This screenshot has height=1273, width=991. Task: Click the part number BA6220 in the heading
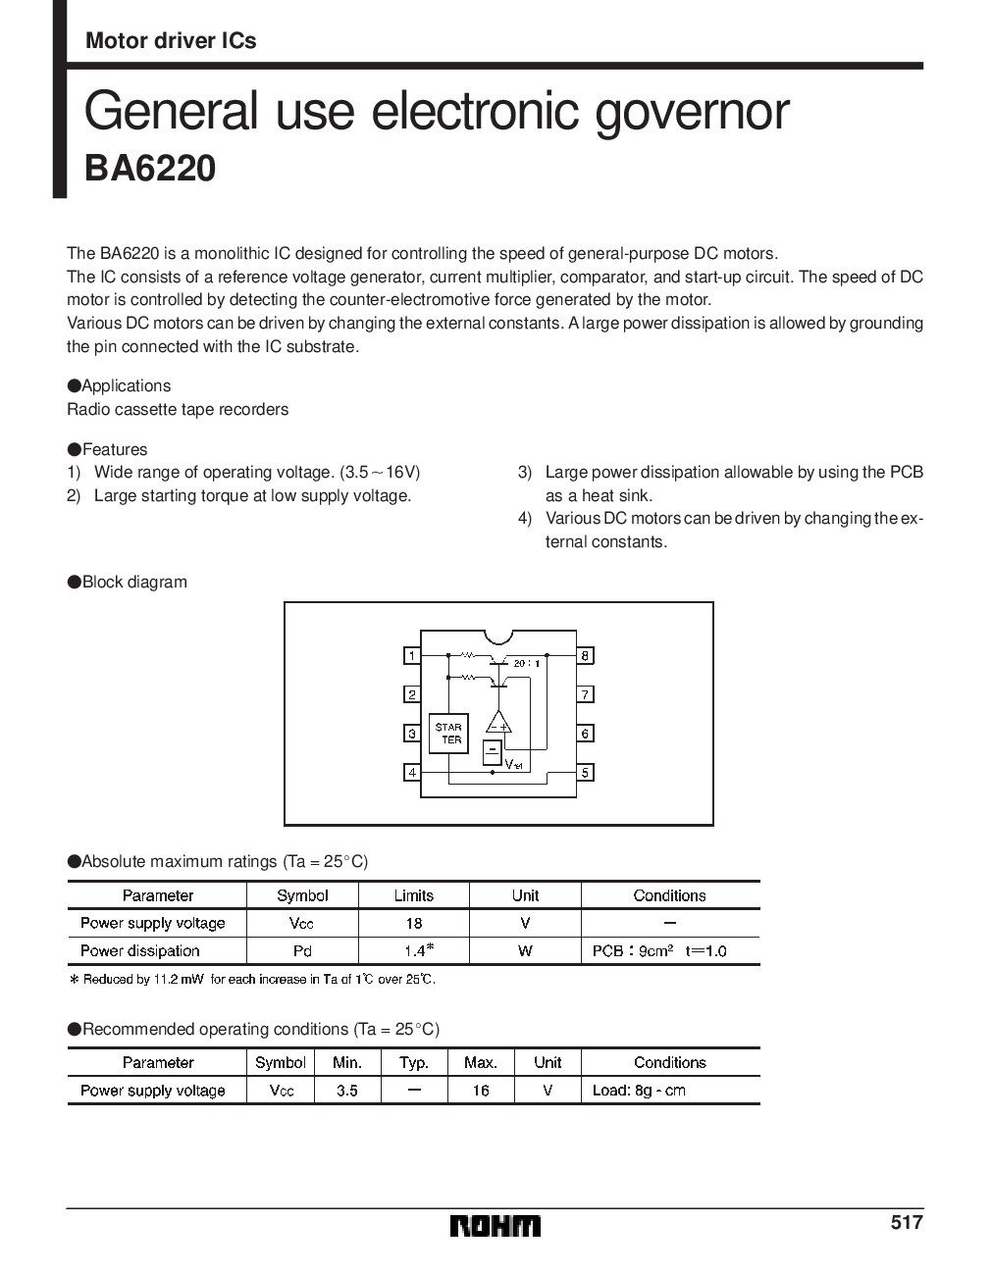(x=149, y=169)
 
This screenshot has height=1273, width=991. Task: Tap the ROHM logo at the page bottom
(x=495, y=1226)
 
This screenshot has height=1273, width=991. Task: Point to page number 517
(x=908, y=1222)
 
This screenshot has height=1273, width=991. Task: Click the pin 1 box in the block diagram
(x=413, y=655)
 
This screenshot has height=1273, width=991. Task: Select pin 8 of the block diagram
(x=585, y=655)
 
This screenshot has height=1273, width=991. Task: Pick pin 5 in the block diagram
(x=585, y=773)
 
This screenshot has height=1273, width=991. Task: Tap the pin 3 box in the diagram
(x=413, y=734)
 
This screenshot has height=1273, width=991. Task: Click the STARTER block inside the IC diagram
(x=448, y=734)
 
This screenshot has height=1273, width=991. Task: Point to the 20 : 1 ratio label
(x=528, y=663)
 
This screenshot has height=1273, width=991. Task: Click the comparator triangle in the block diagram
(x=499, y=723)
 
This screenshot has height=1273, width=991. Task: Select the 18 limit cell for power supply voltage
(x=414, y=923)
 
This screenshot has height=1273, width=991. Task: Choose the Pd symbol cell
(x=302, y=950)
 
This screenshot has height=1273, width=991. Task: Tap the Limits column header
(x=414, y=895)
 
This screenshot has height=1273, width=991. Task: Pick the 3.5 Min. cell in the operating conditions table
(x=346, y=1090)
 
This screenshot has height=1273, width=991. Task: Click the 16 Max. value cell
(x=480, y=1090)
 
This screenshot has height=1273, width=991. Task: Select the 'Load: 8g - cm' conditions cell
(x=639, y=1090)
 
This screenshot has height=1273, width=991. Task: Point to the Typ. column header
(x=414, y=1062)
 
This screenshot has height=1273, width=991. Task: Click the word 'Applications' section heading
(x=126, y=385)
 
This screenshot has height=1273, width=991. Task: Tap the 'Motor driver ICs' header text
(x=172, y=40)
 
